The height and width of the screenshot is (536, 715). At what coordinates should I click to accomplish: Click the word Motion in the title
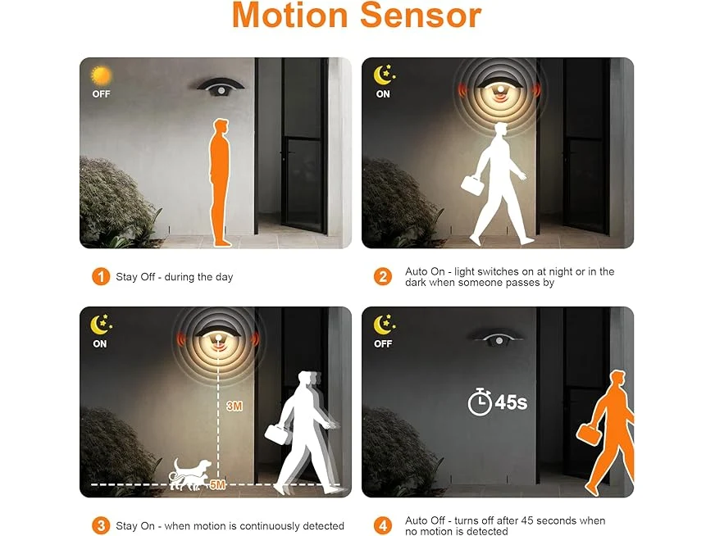click(x=290, y=15)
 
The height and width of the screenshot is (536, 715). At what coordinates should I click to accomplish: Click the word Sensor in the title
click(x=421, y=15)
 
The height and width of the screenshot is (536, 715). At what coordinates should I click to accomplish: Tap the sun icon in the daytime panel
click(x=101, y=75)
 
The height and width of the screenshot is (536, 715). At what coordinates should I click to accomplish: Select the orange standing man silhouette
click(x=220, y=182)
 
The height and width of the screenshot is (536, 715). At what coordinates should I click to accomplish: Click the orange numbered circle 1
click(x=101, y=277)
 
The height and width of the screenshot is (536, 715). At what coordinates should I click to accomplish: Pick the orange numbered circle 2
click(x=383, y=277)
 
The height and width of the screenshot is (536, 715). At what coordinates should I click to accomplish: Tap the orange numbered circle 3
click(x=101, y=525)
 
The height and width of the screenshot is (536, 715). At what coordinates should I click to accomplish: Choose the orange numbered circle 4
click(x=383, y=525)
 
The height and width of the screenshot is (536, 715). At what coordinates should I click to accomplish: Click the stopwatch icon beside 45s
click(x=480, y=402)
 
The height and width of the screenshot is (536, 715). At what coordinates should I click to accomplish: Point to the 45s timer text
click(x=511, y=402)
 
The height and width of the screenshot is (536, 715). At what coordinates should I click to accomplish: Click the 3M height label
click(x=235, y=406)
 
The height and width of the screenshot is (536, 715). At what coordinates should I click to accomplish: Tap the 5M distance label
click(x=217, y=484)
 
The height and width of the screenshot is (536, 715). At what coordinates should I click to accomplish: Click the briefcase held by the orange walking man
click(x=588, y=434)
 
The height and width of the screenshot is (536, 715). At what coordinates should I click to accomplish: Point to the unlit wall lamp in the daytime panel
click(x=221, y=87)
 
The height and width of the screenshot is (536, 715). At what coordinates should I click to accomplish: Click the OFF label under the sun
click(x=101, y=94)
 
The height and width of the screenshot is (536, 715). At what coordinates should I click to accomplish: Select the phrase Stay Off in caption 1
click(x=135, y=277)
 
